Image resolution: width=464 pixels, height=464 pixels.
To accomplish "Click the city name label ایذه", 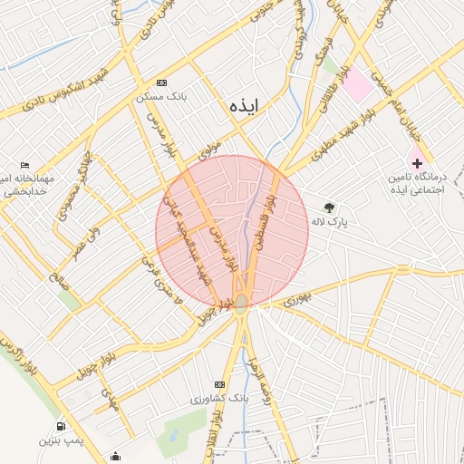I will click(245, 106).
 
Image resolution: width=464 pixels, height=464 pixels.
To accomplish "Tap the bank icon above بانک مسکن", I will click(161, 82).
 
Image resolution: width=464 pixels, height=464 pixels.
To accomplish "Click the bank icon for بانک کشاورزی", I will click(218, 384).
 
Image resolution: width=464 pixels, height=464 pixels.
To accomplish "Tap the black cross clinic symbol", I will click(417, 163).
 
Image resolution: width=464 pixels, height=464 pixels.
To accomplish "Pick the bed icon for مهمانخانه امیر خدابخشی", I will click(24, 164).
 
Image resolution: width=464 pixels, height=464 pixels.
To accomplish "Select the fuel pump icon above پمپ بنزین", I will click(61, 426).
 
